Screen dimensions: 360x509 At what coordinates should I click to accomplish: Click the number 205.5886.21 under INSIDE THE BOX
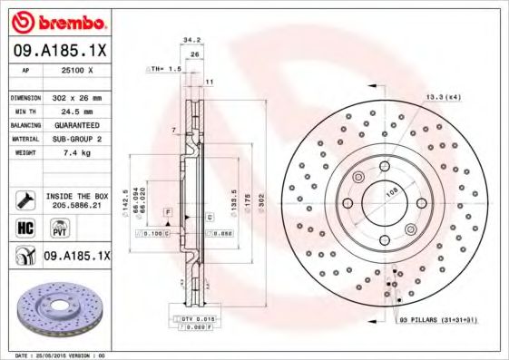click(x=78, y=206)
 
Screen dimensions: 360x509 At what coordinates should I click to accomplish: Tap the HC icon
click(x=25, y=227)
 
